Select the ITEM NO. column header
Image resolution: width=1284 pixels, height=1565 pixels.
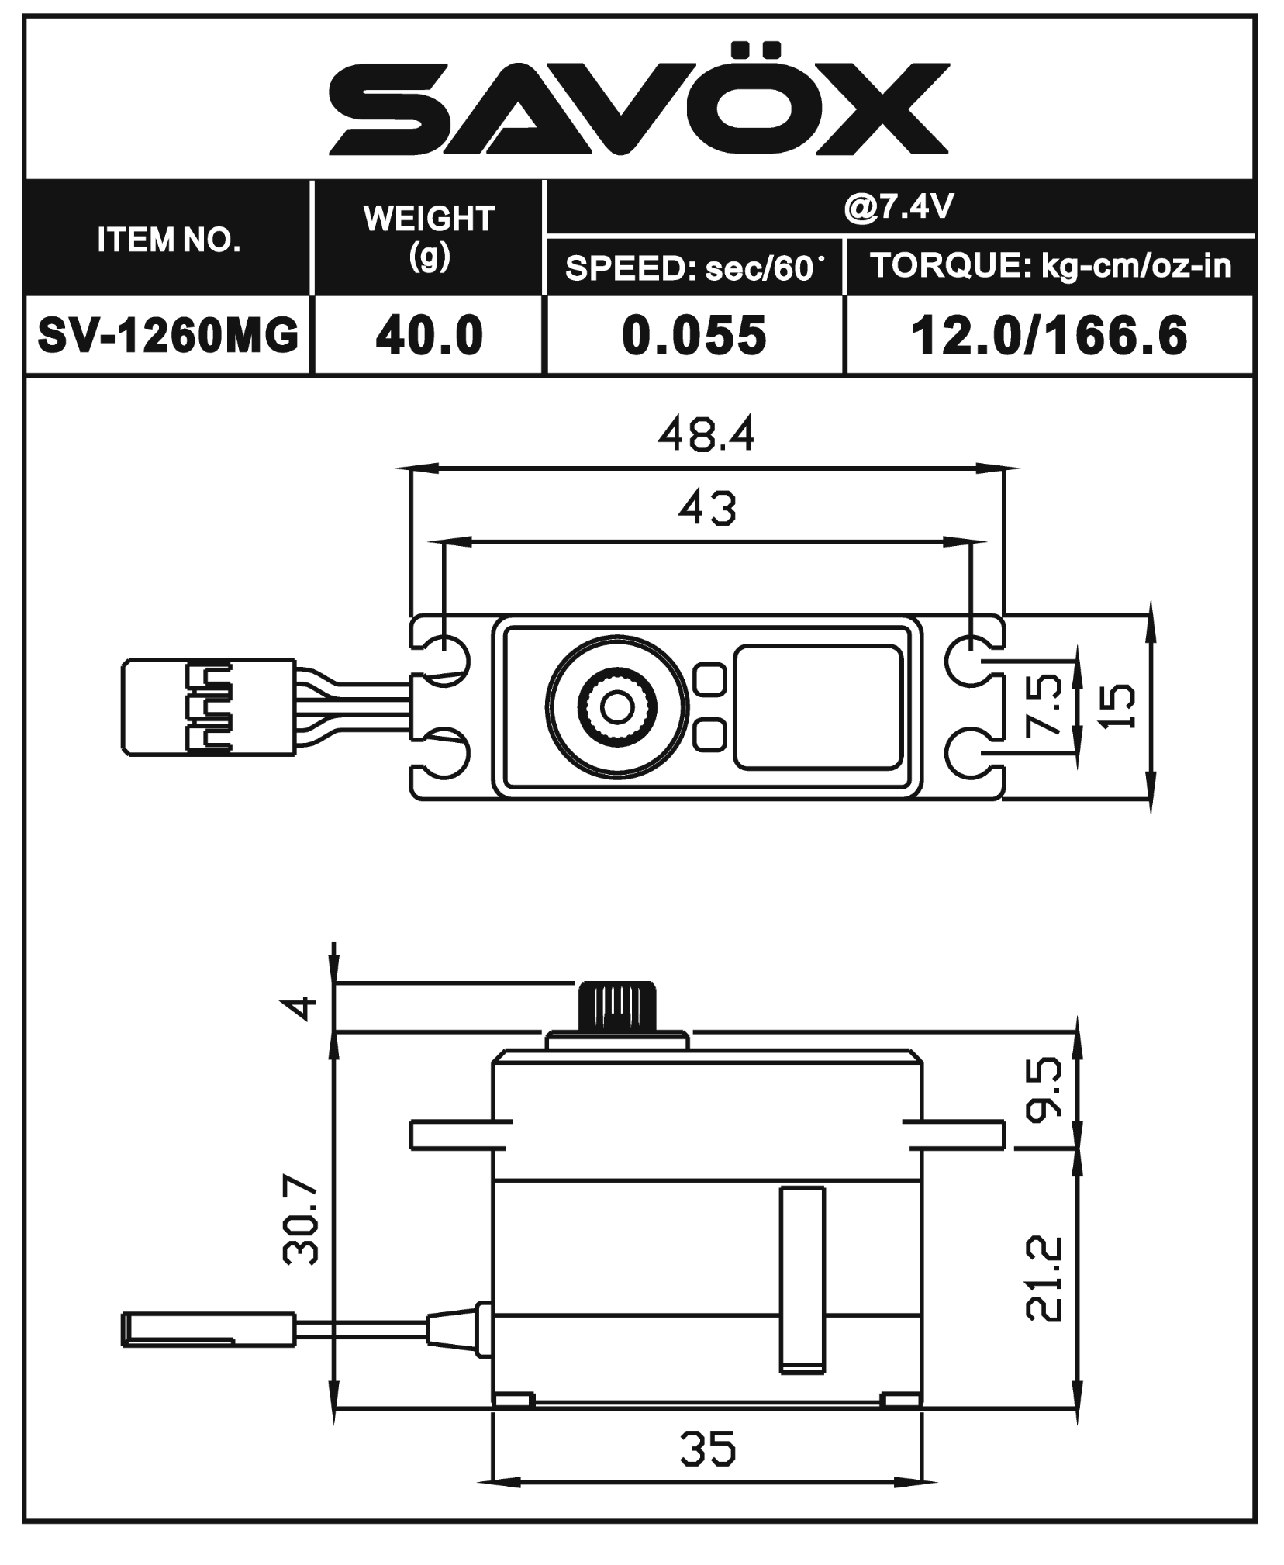point(168,240)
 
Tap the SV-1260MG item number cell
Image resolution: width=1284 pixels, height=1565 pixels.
point(168,335)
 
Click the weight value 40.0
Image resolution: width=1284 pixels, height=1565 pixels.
point(429,335)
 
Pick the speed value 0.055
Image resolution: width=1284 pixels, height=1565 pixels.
point(694,335)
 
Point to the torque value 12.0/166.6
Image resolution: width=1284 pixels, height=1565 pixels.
point(1048,335)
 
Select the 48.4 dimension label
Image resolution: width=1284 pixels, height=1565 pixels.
point(706,436)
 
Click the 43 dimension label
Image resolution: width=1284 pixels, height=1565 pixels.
point(706,510)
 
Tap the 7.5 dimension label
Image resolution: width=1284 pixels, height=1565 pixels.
point(1043,704)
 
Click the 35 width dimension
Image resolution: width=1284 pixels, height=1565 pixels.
point(707,1449)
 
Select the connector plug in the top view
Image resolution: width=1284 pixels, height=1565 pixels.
point(208,706)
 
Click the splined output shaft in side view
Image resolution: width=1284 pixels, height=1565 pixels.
point(618,1007)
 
